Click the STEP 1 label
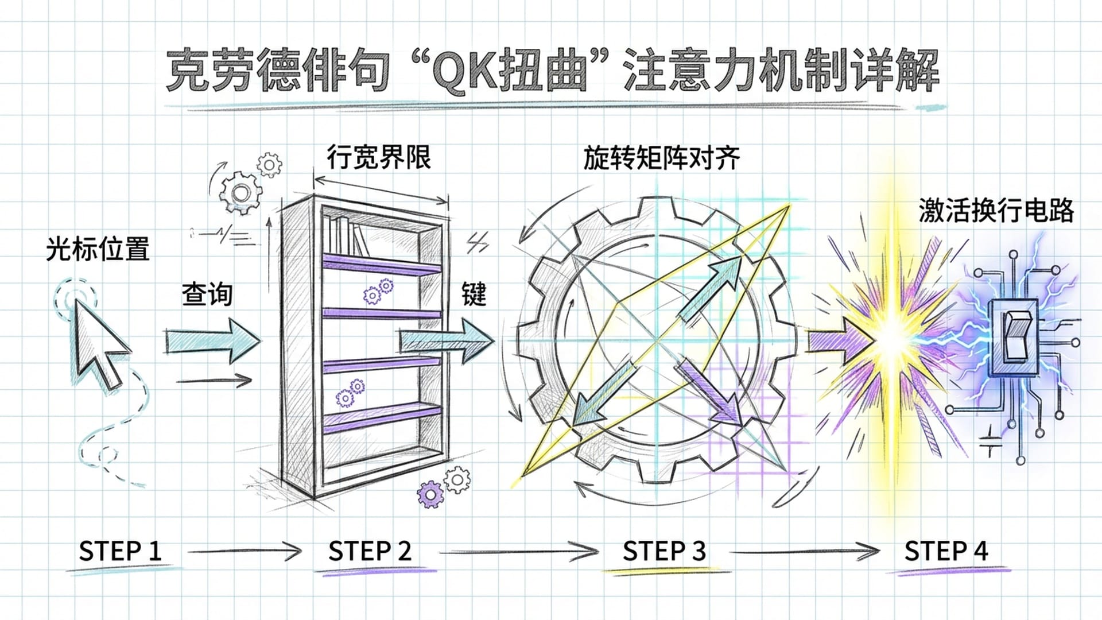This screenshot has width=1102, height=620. (x=120, y=551)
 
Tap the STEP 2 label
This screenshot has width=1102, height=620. (x=370, y=551)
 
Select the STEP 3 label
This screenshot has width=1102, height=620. (x=664, y=551)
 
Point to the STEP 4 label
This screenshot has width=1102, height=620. (x=946, y=551)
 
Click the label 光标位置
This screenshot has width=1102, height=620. (x=98, y=249)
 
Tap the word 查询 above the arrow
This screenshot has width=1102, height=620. (x=207, y=294)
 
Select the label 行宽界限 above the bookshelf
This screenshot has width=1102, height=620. (x=379, y=157)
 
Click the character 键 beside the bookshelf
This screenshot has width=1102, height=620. (x=474, y=294)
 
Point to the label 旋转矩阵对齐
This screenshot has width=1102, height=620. (x=661, y=158)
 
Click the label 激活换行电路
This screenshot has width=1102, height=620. (x=996, y=211)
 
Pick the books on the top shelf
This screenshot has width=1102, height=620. (x=347, y=235)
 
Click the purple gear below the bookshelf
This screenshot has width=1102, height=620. (x=430, y=494)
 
